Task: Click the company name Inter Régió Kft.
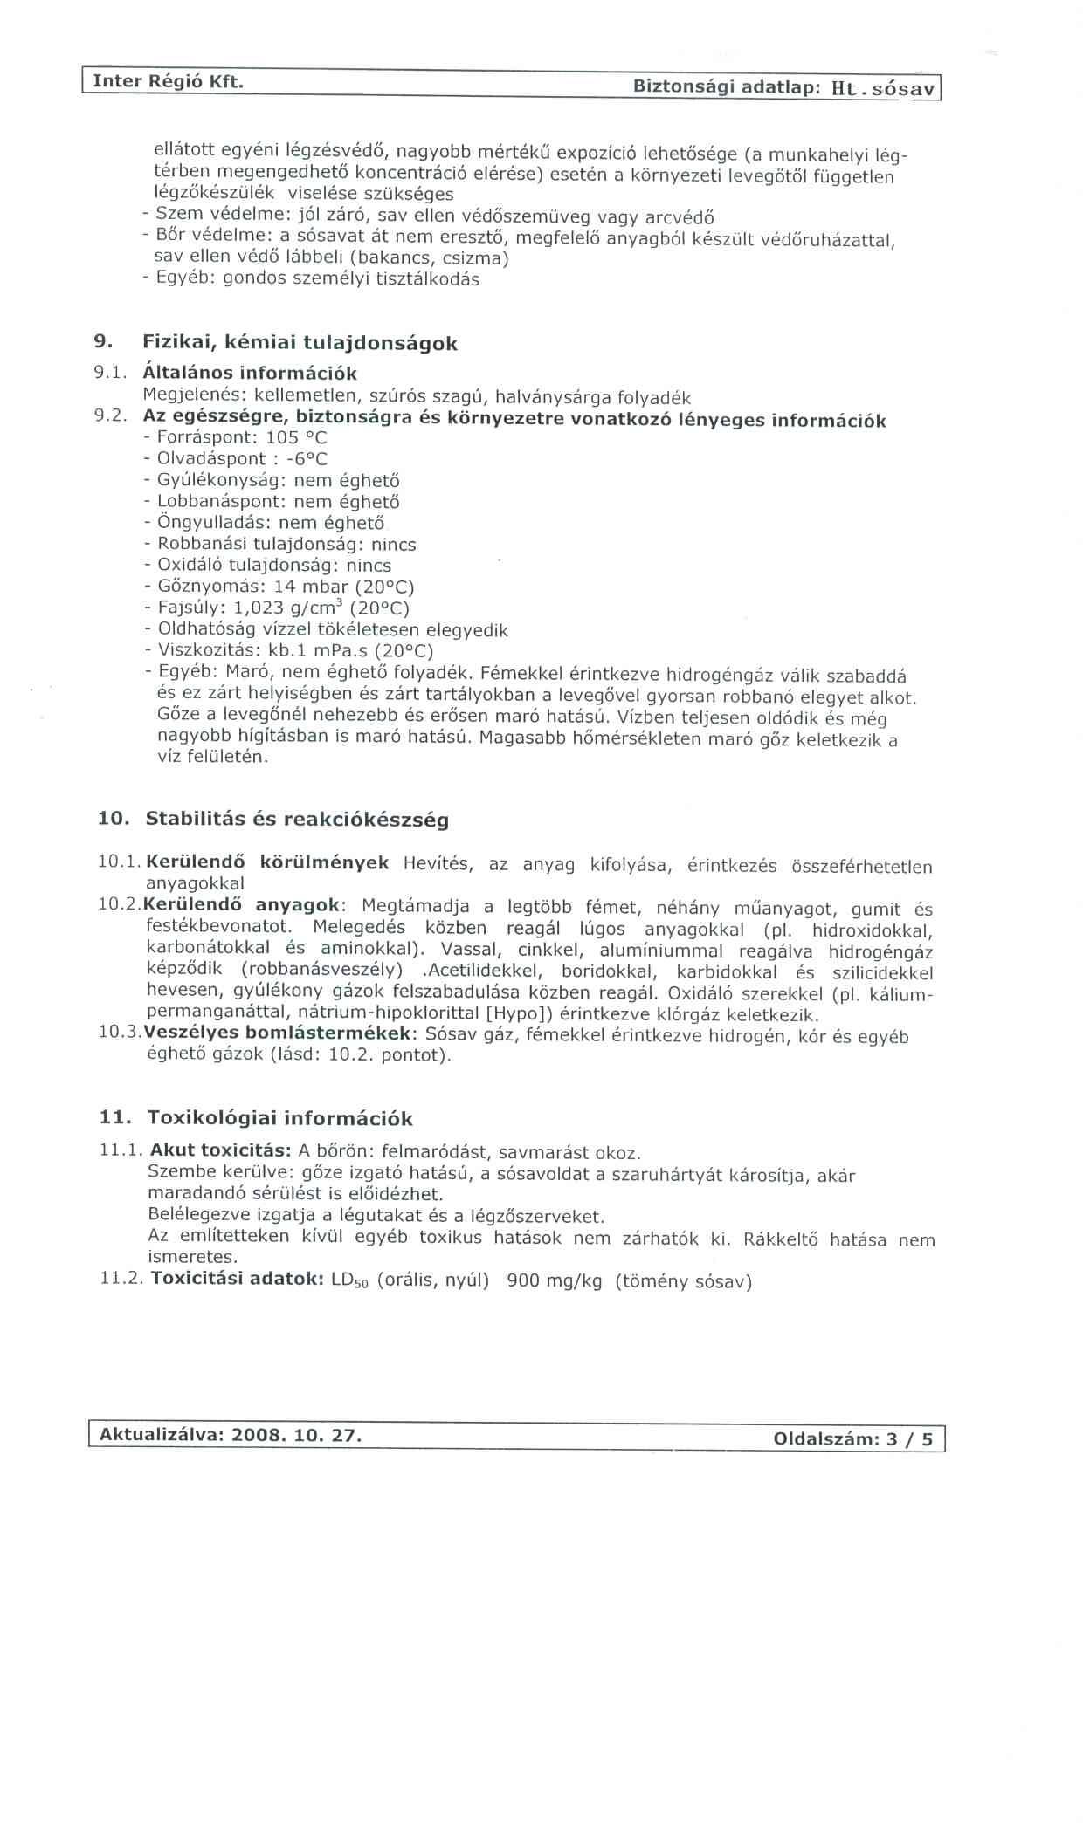[x=167, y=82]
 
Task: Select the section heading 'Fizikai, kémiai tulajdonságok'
[x=300, y=343]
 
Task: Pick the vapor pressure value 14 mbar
[x=311, y=587]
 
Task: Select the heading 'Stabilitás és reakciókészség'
[x=297, y=820]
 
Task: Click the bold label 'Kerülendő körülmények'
[x=267, y=863]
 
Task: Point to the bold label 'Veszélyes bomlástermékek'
[x=277, y=1033]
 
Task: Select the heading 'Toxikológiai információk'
[x=279, y=1118]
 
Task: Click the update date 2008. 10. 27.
[x=296, y=1436]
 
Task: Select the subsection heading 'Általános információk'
[x=250, y=374]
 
